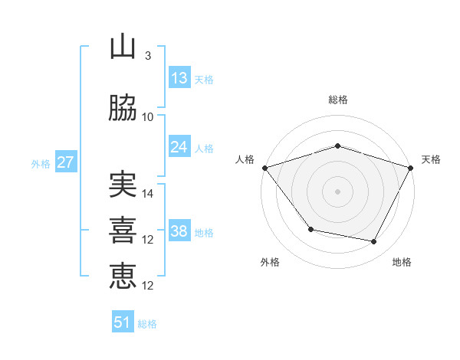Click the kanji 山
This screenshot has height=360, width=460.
pyautogui.click(x=123, y=47)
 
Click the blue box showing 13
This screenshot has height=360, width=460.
pyautogui.click(x=179, y=77)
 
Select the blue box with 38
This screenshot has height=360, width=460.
pyautogui.click(x=179, y=231)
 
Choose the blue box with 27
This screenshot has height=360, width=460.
pyautogui.click(x=65, y=162)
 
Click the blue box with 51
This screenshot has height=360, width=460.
pyautogui.click(x=123, y=322)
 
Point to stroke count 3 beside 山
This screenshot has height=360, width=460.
pyautogui.click(x=147, y=56)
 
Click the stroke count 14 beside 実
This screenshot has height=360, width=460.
pyautogui.click(x=149, y=194)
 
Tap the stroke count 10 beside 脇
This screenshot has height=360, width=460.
pyautogui.click(x=149, y=117)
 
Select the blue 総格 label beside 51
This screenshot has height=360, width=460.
pyautogui.click(x=147, y=324)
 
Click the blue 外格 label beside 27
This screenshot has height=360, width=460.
pyautogui.click(x=41, y=164)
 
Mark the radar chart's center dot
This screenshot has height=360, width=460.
pyautogui.click(x=337, y=191)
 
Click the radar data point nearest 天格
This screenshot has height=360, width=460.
pyautogui.click(x=411, y=168)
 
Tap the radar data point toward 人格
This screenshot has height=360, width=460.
pyautogui.click(x=264, y=168)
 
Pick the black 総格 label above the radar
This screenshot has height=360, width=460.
pyautogui.click(x=337, y=100)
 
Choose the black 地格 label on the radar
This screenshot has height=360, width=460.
pyautogui.click(x=402, y=262)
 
